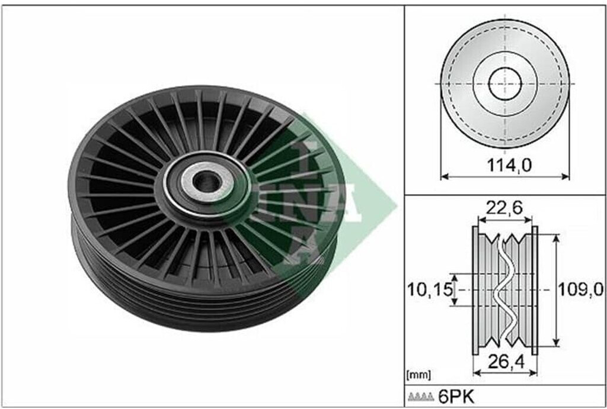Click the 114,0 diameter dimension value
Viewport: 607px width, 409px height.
(x=509, y=166)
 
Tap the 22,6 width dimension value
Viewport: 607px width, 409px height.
(x=504, y=208)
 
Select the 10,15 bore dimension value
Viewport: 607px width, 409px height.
(x=430, y=289)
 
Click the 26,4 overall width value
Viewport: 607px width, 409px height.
(x=506, y=362)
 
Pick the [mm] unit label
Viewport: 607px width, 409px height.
(x=418, y=375)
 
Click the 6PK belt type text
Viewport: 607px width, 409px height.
(x=456, y=397)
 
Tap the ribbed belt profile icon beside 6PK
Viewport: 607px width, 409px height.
(x=421, y=397)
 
